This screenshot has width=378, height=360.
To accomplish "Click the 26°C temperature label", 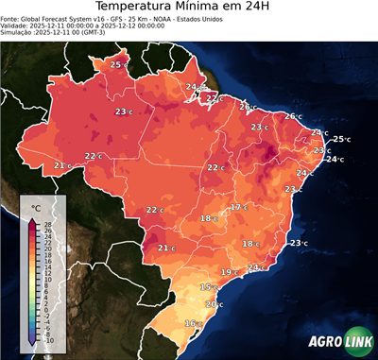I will tap(292, 116).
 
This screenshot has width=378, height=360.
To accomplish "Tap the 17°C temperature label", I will tap(238, 207).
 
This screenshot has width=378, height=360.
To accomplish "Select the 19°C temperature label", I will tap(229, 272).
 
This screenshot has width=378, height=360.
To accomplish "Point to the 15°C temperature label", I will tap(207, 287).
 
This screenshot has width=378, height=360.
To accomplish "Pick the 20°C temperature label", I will tap(215, 304).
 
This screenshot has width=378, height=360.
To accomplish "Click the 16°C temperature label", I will tap(193, 323).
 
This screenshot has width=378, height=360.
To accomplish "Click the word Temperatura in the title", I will tap(136, 9).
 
